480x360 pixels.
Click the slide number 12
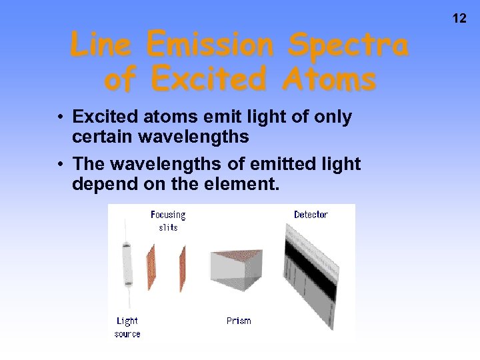coord(459,19)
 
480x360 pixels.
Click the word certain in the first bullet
coord(102,137)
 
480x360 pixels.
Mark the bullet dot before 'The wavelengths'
coord(60,164)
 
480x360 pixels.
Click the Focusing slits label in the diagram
coord(168,221)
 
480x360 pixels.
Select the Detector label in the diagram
coord(311,215)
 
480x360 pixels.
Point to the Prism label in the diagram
coord(239,321)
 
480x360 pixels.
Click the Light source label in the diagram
coord(127,327)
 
